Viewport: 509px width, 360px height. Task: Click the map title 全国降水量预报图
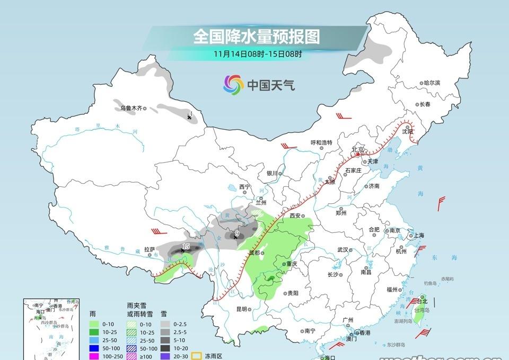[257, 37]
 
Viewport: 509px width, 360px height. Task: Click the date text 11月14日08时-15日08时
[258, 53]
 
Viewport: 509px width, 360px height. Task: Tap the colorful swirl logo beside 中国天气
[233, 83]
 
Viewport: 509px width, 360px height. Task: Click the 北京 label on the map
[358, 149]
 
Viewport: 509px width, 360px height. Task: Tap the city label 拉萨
[149, 249]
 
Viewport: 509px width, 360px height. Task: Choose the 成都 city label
[254, 253]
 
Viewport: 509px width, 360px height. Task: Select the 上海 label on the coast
[419, 236]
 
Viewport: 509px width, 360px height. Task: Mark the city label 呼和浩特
[321, 142]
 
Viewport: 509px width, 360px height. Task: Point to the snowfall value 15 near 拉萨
[186, 246]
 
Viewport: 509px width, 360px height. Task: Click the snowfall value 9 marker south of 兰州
[237, 233]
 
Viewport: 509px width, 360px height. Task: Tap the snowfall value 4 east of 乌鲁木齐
[191, 113]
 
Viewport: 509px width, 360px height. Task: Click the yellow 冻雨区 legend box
[197, 356]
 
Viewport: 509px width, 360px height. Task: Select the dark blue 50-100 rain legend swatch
[94, 348]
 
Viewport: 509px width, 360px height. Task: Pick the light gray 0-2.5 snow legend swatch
[166, 323]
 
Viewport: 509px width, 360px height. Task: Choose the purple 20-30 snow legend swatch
[166, 356]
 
